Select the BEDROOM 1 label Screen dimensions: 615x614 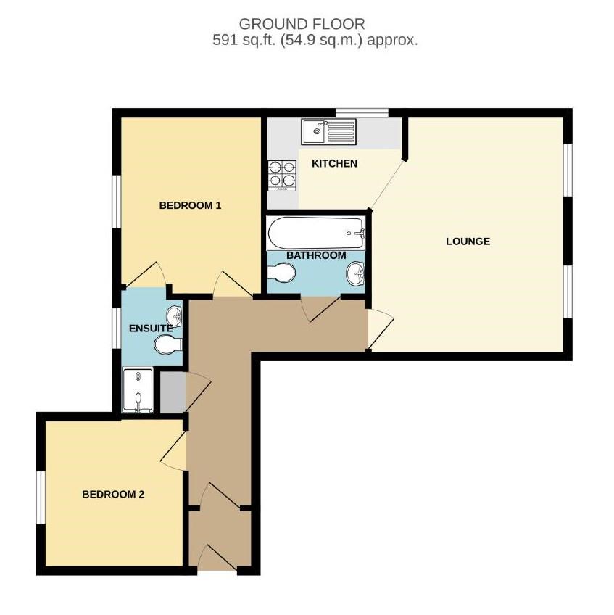coord(190,205)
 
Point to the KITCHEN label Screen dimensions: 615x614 coord(334,163)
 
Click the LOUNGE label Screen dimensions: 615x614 coord(468,241)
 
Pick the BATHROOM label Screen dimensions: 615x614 coord(315,255)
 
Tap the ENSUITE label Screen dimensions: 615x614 coord(150,329)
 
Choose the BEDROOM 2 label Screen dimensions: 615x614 coord(113,495)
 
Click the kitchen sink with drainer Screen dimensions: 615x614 coord(329,131)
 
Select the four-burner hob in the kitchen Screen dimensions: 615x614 coord(283,174)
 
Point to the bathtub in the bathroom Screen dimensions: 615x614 coord(315,234)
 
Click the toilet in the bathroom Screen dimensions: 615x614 coord(281,273)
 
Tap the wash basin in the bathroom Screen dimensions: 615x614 coord(355,274)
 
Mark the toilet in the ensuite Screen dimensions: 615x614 coord(167,345)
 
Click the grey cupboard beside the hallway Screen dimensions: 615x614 coord(172,392)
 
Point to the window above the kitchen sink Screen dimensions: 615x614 coord(361,112)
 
